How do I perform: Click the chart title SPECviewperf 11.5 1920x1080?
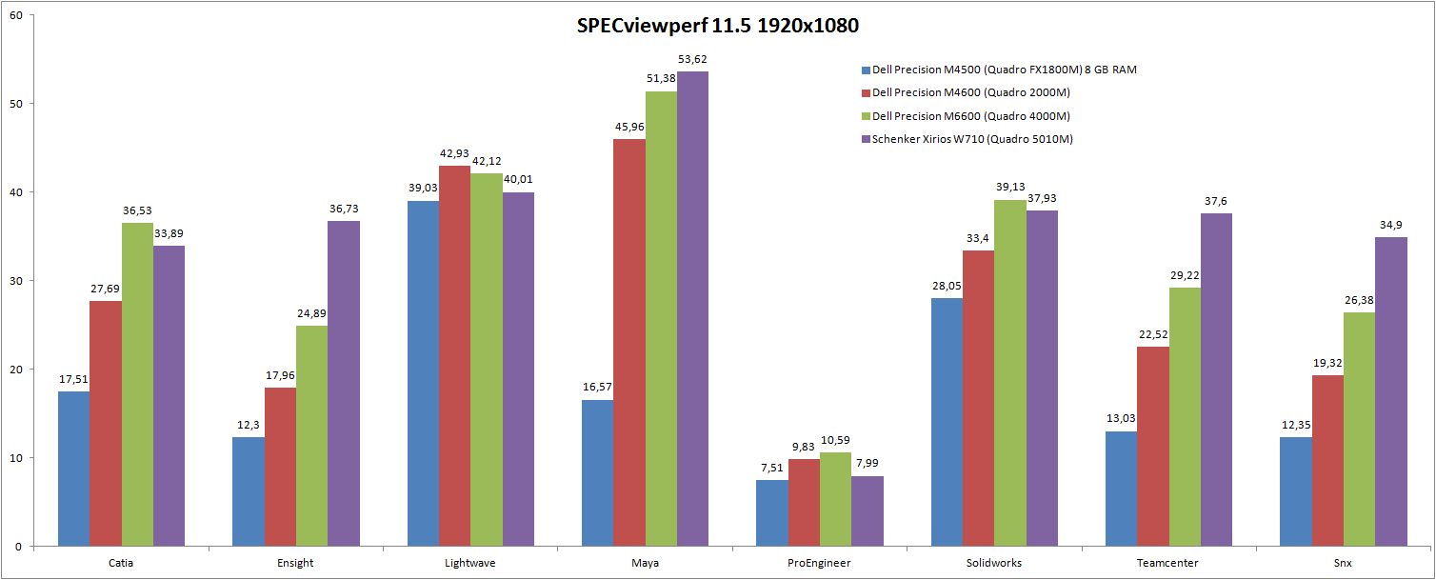pyautogui.click(x=717, y=27)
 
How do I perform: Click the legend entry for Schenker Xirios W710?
pyautogui.click(x=971, y=139)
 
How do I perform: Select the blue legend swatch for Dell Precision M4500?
pyautogui.click(x=866, y=70)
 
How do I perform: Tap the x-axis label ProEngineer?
pyautogui.click(x=819, y=563)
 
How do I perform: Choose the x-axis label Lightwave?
pyautogui.click(x=470, y=563)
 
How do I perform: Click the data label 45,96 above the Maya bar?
pyautogui.click(x=629, y=127)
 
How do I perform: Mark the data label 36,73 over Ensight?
pyautogui.click(x=344, y=209)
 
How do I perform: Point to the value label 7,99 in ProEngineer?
pyautogui.click(x=868, y=464)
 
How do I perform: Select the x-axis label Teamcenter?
pyautogui.click(x=1168, y=563)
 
